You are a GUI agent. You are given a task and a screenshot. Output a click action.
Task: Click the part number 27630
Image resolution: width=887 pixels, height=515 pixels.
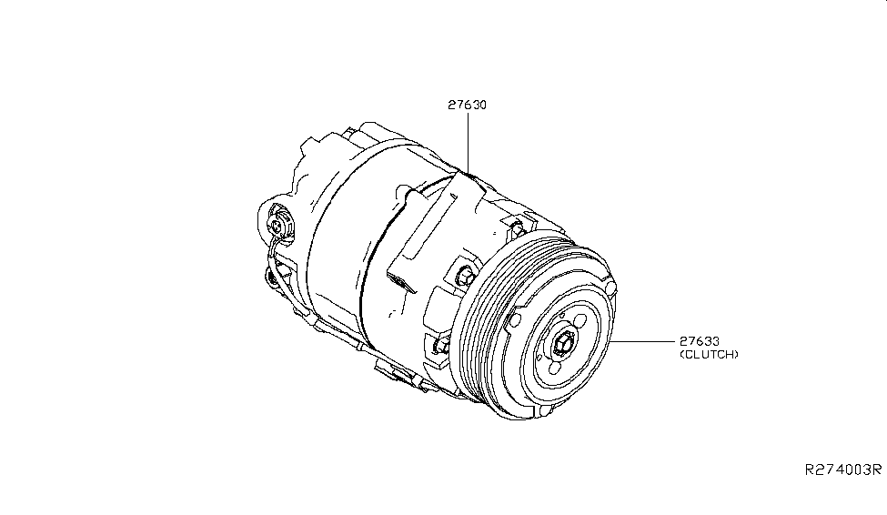click(467, 105)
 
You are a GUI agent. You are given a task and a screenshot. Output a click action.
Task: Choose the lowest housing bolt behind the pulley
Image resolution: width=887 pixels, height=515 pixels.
click(442, 344)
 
